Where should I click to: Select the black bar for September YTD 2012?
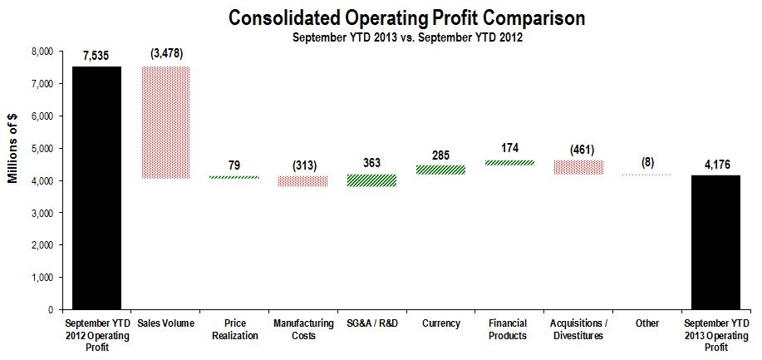click(x=96, y=187)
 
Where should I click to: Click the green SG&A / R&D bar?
click(x=371, y=180)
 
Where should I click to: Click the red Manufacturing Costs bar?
click(x=302, y=181)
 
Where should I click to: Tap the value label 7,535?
click(x=96, y=56)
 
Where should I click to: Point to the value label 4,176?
click(x=715, y=164)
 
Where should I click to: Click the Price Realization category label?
click(x=234, y=330)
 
